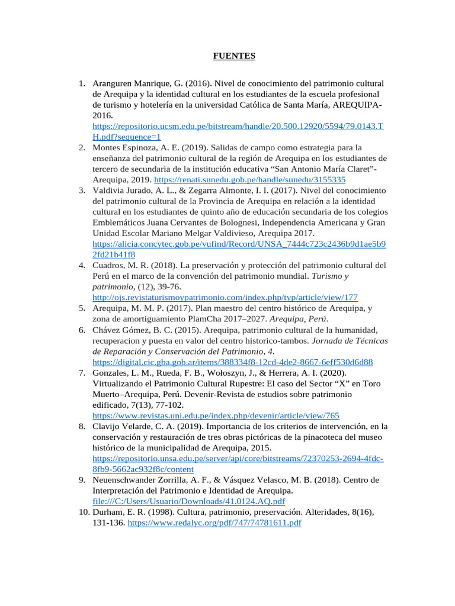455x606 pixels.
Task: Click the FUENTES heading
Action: click(x=234, y=56)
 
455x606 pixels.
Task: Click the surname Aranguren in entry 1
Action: click(x=114, y=83)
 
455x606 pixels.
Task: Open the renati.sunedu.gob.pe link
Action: click(x=250, y=179)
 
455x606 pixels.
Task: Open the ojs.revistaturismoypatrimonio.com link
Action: click(x=225, y=297)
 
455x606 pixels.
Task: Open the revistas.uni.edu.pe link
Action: click(x=216, y=415)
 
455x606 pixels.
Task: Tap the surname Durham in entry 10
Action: click(x=107, y=512)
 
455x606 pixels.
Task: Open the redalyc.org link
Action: click(x=214, y=523)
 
